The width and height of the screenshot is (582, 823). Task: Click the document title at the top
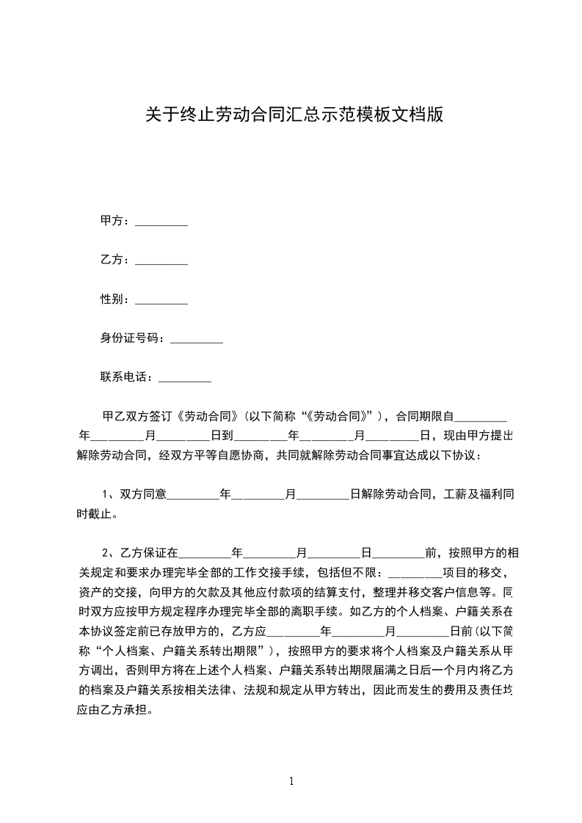294,115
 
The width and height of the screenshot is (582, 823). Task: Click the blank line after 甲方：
161,222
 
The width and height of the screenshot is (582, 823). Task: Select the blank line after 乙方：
161,260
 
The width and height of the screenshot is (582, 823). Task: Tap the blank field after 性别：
161,300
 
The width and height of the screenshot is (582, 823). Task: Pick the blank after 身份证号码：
196,339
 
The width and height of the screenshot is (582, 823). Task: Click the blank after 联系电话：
185,378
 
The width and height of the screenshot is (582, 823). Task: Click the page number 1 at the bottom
291,781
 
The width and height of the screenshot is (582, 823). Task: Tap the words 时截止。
96,514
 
